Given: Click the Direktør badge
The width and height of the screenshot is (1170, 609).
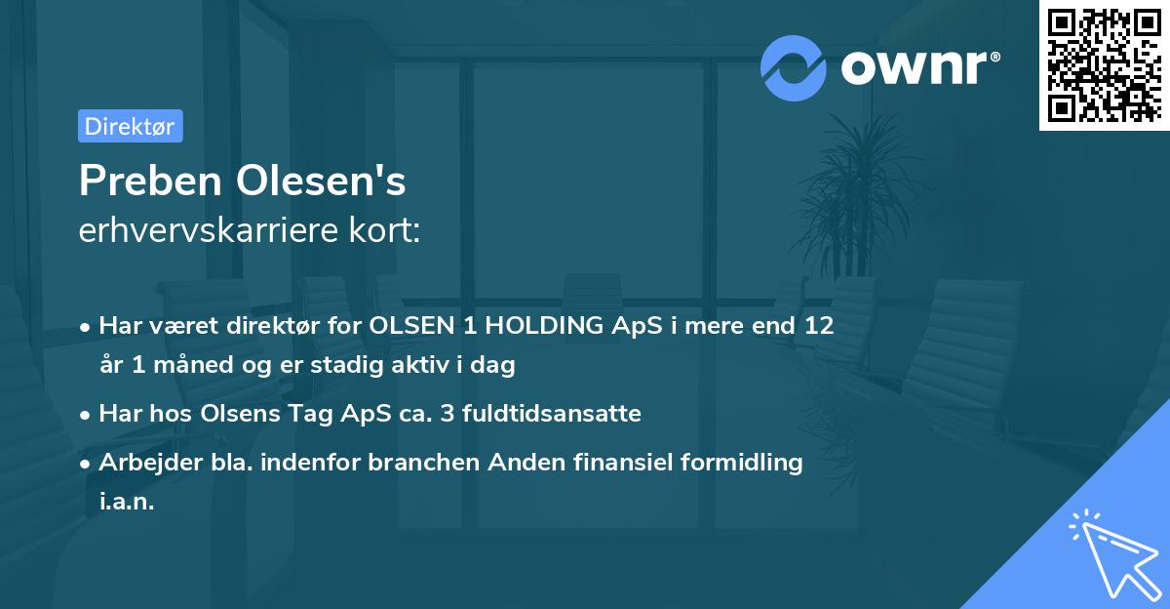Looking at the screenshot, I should (x=130, y=126).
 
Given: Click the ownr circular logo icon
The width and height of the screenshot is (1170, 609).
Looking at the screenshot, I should (x=793, y=67).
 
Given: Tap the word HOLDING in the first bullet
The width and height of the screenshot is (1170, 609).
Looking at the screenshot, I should (x=551, y=326).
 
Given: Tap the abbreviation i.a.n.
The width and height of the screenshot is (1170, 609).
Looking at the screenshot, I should (x=127, y=502).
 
